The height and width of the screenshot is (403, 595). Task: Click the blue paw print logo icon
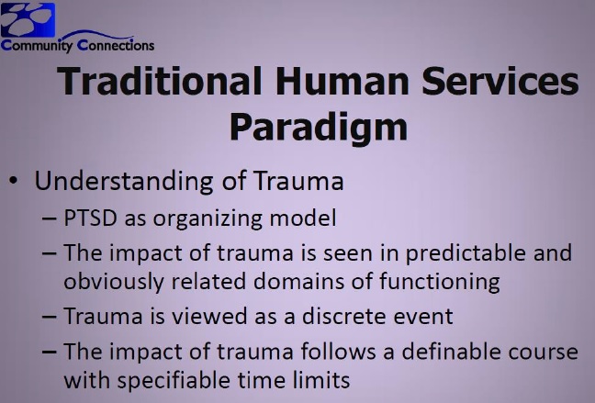click(x=28, y=19)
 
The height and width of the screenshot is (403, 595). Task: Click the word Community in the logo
click(x=37, y=46)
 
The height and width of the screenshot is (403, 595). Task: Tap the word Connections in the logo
click(x=116, y=45)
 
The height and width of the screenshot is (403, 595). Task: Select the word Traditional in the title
click(x=160, y=81)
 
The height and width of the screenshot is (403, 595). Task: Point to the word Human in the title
click(x=342, y=81)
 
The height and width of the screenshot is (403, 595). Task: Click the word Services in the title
click(x=500, y=81)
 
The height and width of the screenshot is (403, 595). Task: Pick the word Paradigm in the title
click(x=319, y=128)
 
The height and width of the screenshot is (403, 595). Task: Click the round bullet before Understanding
click(x=14, y=181)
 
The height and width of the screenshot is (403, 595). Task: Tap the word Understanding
click(x=124, y=181)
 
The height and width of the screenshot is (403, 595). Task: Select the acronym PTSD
click(x=90, y=218)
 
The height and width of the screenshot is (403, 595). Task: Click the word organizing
click(x=208, y=219)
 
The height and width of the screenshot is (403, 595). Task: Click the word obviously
click(x=114, y=283)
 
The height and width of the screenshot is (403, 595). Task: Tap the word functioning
click(x=440, y=283)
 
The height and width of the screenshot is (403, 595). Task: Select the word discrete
click(x=343, y=316)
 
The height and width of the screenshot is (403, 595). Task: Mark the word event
click(x=423, y=317)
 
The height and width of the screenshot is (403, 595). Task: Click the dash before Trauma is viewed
click(x=50, y=317)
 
